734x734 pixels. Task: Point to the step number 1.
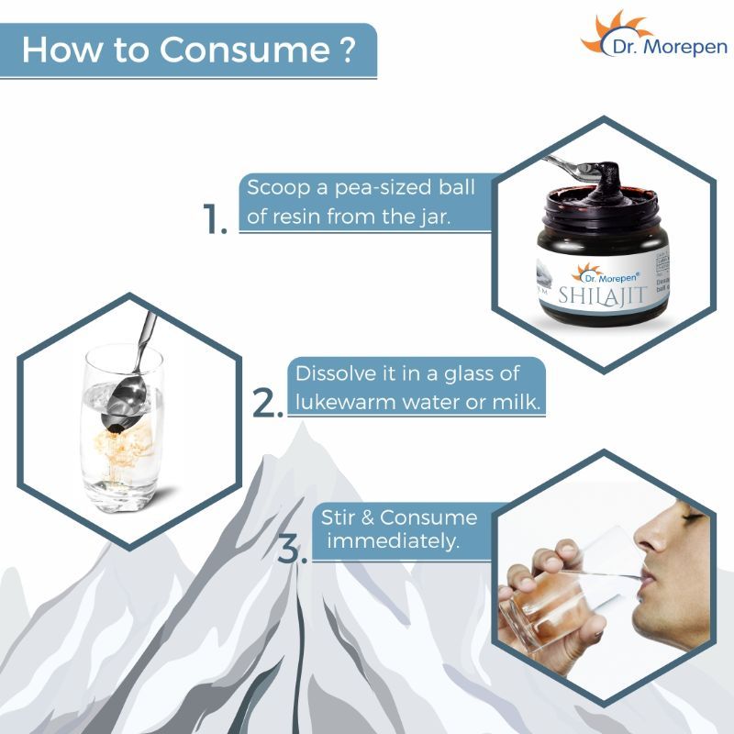[x=214, y=221]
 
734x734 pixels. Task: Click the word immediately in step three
[x=393, y=540]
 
